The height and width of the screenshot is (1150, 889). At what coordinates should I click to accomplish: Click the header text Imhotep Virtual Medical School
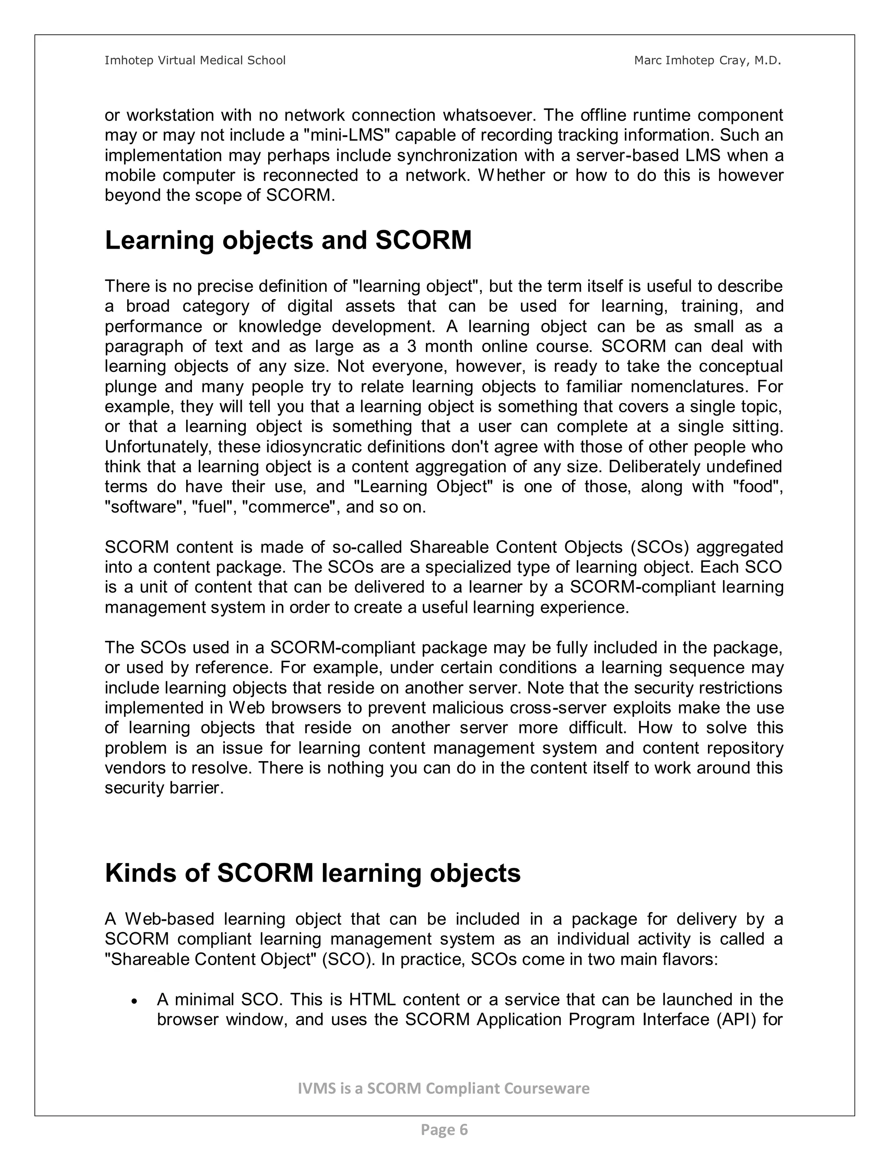click(195, 61)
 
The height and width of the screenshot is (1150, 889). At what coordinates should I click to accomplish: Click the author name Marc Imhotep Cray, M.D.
click(707, 61)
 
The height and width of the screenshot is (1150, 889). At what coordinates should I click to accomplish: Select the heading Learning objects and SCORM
click(288, 241)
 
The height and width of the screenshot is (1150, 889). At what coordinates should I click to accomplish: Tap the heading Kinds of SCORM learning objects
click(313, 873)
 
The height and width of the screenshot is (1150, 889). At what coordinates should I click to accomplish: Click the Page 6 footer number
click(444, 1130)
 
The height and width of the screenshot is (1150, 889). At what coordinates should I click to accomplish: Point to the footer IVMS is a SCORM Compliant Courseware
click(444, 1088)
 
